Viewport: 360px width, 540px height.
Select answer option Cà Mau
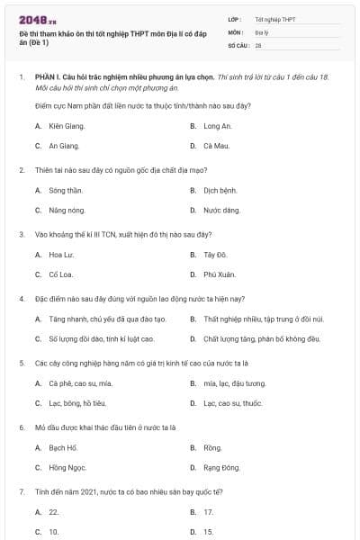pyautogui.click(x=213, y=145)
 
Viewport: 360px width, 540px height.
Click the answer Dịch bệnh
pyautogui.click(x=218, y=190)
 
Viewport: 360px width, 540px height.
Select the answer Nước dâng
pyautogui.click(x=221, y=210)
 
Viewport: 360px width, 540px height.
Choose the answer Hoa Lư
pyautogui.click(x=60, y=255)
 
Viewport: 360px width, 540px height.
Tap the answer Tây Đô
pyautogui.click(x=214, y=255)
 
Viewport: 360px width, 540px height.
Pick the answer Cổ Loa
pyautogui.click(x=59, y=274)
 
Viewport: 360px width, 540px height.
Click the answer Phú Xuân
pyautogui.click(x=219, y=274)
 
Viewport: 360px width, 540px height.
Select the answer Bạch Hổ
pyautogui.click(x=63, y=447)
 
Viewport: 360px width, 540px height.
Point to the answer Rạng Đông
pyautogui.click(x=221, y=467)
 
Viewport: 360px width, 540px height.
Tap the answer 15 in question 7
pyautogui.click(x=208, y=531)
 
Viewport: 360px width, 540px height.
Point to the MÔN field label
pyautogui.click(x=236, y=31)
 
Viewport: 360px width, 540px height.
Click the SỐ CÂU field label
pyautogui.click(x=238, y=44)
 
